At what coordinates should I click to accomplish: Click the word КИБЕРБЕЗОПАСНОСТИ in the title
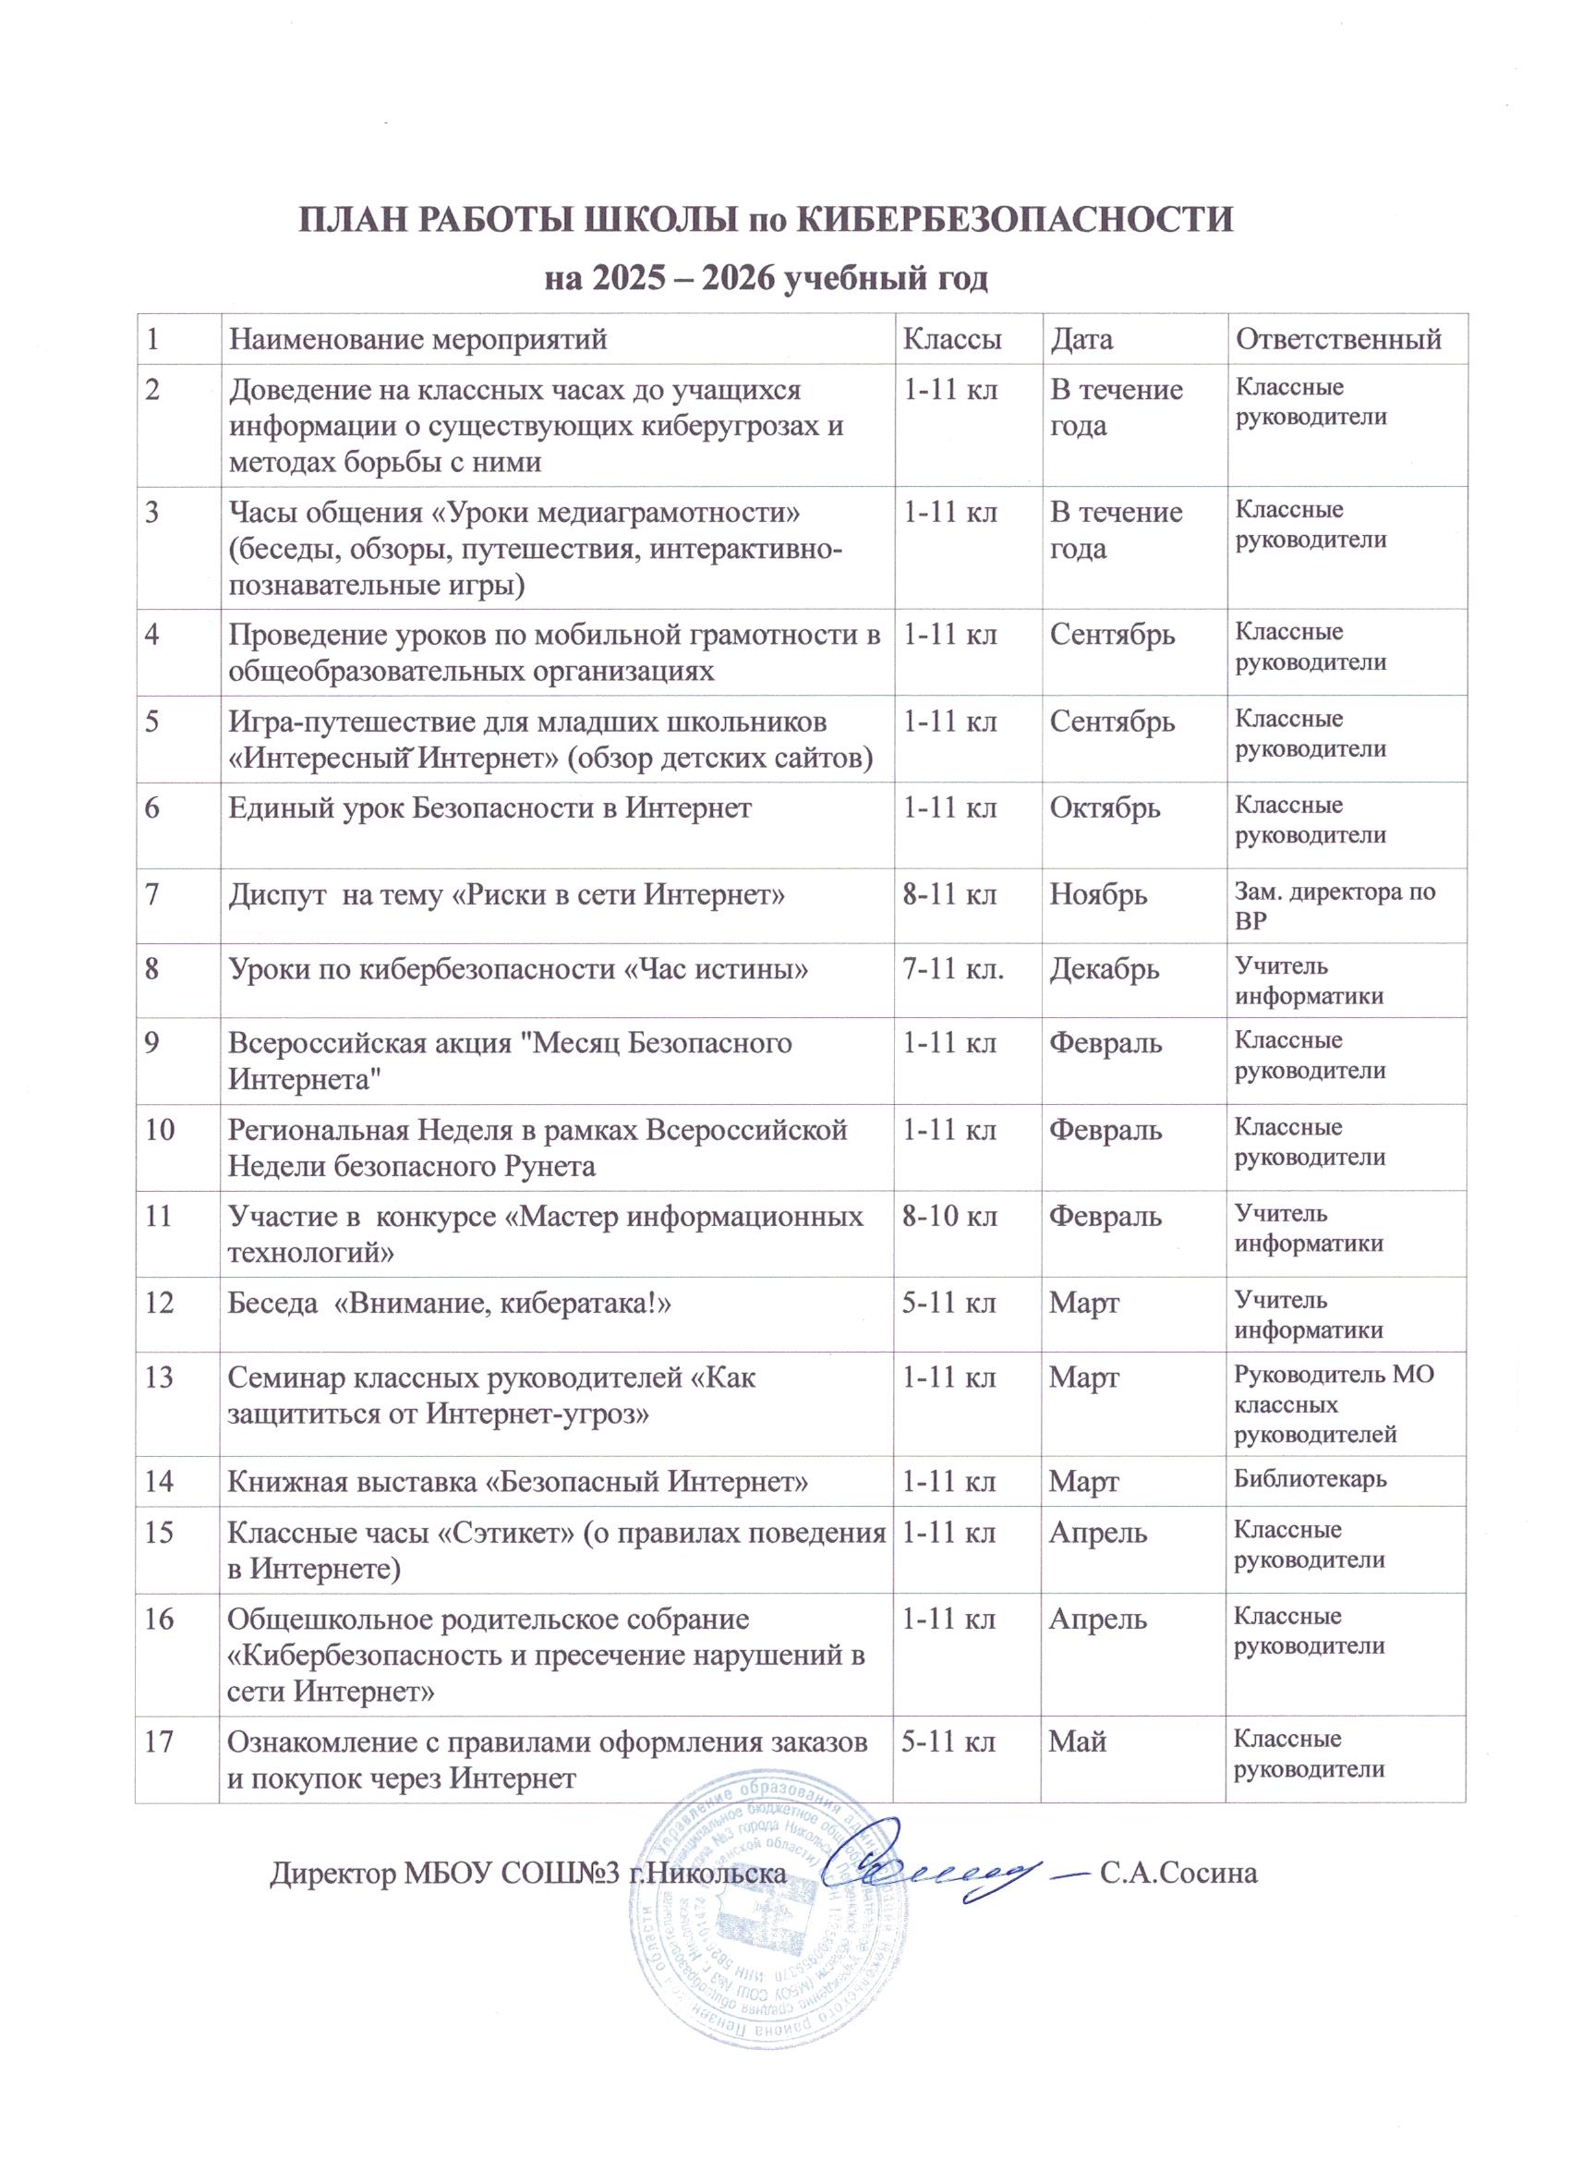[x=1013, y=219]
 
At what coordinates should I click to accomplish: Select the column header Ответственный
[x=1337, y=339]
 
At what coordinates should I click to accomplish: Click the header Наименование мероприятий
[x=418, y=339]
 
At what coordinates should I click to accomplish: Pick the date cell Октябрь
[x=1105, y=807]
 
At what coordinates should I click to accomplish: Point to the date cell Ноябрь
[x=1098, y=894]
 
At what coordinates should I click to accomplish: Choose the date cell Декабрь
[x=1105, y=969]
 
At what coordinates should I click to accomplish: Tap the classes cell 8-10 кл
[x=949, y=1216]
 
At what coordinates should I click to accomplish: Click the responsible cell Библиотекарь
[x=1310, y=1479]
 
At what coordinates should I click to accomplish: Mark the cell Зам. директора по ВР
[x=1334, y=906]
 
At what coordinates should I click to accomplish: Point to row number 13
[x=159, y=1377]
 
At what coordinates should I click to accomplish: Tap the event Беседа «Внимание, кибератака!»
[x=450, y=1302]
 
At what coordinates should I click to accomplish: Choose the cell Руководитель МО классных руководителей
[x=1333, y=1403]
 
